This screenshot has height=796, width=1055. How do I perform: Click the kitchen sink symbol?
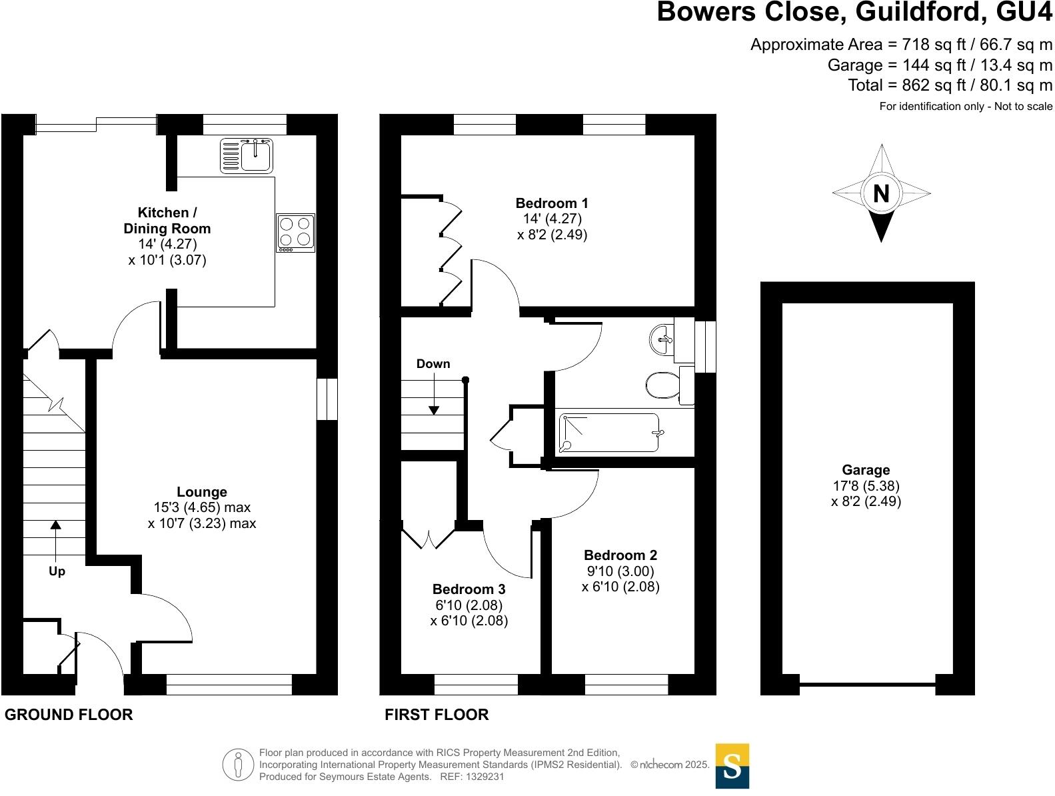click(x=247, y=155)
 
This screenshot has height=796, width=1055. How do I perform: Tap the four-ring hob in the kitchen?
click(x=295, y=232)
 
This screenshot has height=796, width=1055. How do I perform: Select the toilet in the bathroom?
click(x=664, y=385)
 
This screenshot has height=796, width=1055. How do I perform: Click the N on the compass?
click(x=881, y=193)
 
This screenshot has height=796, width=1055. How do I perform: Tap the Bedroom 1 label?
click(x=552, y=203)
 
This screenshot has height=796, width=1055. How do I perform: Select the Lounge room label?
click(x=201, y=492)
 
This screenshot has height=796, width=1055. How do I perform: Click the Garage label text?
click(x=866, y=470)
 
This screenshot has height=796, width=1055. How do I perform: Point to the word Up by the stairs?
click(x=57, y=571)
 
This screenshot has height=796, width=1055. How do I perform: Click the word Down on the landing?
click(x=433, y=364)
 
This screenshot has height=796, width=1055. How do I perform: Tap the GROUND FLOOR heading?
click(x=69, y=715)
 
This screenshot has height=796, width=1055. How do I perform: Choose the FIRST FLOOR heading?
click(x=437, y=715)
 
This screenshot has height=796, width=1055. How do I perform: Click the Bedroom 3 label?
click(x=469, y=589)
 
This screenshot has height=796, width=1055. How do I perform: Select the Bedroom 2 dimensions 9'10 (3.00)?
click(x=620, y=571)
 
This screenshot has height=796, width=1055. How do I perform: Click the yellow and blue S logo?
click(x=732, y=766)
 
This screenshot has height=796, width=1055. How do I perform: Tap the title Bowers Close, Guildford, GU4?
click(x=854, y=12)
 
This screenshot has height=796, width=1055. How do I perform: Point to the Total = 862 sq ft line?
click(x=950, y=85)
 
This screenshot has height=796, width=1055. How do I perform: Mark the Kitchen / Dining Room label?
click(x=167, y=221)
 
